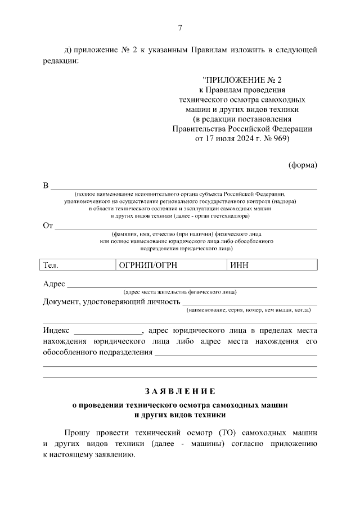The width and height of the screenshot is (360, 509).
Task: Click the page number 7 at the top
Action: tap(180, 28)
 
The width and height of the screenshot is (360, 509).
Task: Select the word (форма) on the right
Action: tap(303, 165)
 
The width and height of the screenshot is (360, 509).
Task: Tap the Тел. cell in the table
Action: tap(51, 265)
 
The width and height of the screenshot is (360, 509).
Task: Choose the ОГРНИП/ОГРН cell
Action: tap(145, 265)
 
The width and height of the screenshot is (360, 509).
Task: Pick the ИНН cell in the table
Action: tap(239, 265)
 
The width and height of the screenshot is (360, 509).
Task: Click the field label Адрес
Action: tap(54, 283)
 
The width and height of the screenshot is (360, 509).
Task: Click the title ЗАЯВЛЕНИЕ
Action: tap(180, 390)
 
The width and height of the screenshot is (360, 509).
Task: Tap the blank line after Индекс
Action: tap(108, 331)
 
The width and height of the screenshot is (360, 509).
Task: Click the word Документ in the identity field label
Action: tap(61, 302)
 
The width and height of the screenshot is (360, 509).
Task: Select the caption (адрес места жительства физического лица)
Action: tap(180, 291)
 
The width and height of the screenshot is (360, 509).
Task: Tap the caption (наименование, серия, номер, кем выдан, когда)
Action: tap(249, 310)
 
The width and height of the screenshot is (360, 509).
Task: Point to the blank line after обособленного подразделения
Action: tap(236, 354)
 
